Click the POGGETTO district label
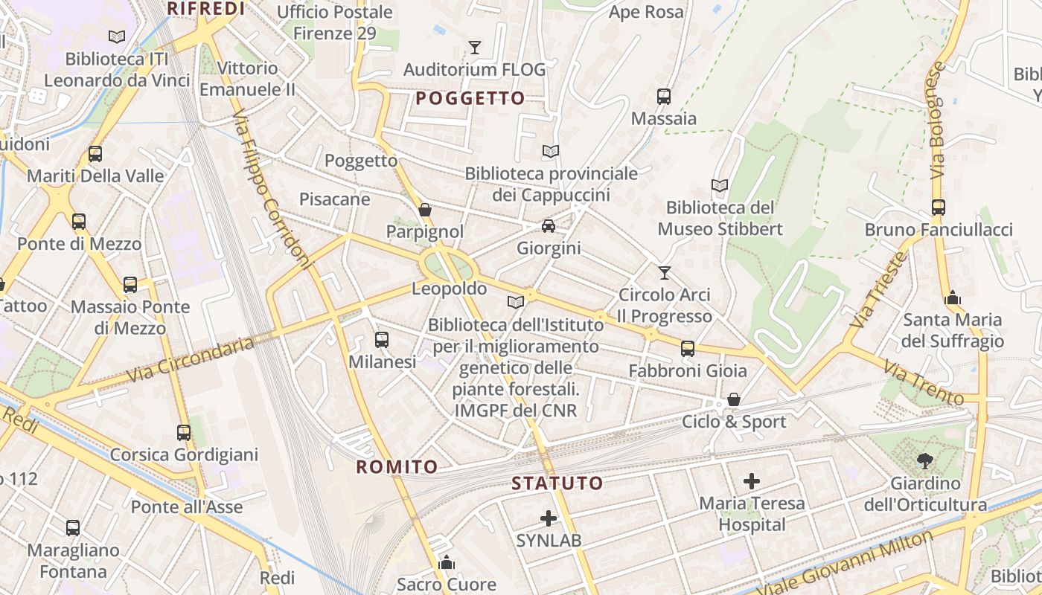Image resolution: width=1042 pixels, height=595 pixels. coord(470,98)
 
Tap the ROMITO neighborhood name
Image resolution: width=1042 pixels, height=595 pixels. coord(397,467)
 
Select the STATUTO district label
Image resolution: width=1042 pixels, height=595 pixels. coord(557,483)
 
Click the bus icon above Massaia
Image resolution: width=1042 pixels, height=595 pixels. coord(664,96)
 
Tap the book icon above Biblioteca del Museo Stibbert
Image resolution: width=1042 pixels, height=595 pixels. coord(719,185)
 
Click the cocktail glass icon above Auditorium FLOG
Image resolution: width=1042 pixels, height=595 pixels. coord(475,48)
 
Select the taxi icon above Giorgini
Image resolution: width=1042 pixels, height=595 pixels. coord(549,225)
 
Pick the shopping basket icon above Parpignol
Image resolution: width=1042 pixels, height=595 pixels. coord(425,210)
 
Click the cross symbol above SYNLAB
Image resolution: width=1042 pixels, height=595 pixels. coord(549,518)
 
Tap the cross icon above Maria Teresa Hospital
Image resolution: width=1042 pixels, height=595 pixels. coord(752,481)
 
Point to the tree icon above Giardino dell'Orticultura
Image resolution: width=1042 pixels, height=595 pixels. coord(925,461)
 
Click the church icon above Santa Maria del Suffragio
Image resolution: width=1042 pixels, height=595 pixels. coord(953,298)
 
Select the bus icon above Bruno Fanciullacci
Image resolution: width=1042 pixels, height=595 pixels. coord(939,208)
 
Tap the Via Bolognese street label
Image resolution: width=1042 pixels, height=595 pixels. coord(936,119)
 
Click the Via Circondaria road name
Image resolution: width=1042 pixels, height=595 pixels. coord(191,360)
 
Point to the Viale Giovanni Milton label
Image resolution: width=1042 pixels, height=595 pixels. coord(846,563)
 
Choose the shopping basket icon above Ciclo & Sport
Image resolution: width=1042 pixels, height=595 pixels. coord(734,400)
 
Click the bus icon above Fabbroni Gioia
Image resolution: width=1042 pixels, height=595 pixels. coord(688,348)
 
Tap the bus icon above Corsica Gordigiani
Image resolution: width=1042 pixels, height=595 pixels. coord(184,432)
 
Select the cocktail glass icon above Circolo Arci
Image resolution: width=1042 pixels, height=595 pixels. coord(665,273)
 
